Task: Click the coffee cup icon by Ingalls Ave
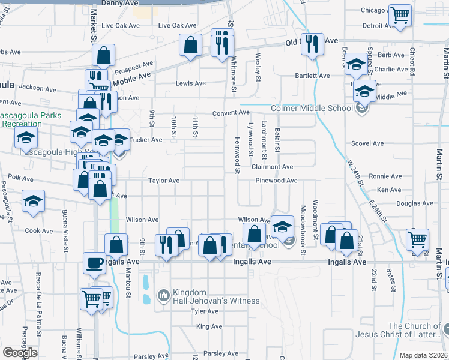click(94, 263)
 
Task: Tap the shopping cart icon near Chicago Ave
click(399, 16)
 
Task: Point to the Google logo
click(20, 352)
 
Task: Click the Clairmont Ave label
click(273, 167)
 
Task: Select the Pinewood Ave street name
click(276, 180)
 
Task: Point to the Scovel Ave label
click(367, 143)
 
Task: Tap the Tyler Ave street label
click(204, 311)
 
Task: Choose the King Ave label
click(209, 326)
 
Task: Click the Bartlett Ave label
click(312, 76)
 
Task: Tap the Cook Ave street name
click(39, 230)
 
